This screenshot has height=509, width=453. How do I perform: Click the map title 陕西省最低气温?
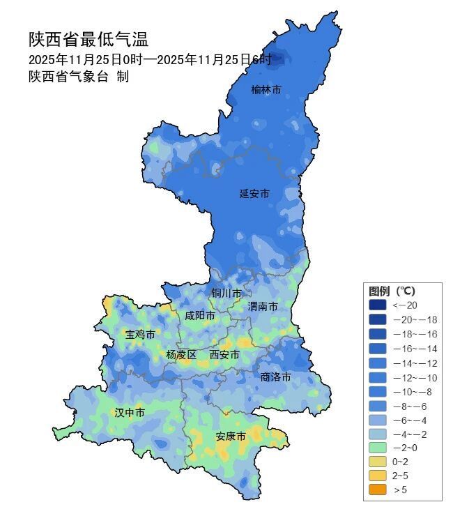pyautogui.click(x=89, y=40)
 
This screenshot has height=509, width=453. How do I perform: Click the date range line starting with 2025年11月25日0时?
pyautogui.click(x=150, y=59)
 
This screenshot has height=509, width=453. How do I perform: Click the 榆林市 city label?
pyautogui.click(x=266, y=90)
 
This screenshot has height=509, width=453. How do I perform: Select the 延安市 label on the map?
pyautogui.click(x=254, y=193)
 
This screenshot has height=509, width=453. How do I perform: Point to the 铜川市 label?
pyautogui.click(x=227, y=293)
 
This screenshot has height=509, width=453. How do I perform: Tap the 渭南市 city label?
pyautogui.click(x=263, y=307)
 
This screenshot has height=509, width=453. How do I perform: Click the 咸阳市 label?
pyautogui.click(x=199, y=316)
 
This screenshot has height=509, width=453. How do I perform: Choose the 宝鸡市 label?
pyautogui.click(x=140, y=334)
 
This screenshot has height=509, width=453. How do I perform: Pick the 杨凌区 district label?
pyautogui.click(x=181, y=355)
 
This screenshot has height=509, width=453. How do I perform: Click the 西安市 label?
pyautogui.click(x=224, y=355)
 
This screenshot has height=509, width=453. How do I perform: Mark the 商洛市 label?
pyautogui.click(x=275, y=377)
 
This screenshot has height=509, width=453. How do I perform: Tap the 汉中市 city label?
pyautogui.click(x=130, y=413)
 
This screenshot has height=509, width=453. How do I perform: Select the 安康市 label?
pyautogui.click(x=230, y=436)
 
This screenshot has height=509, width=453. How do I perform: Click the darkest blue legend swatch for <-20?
pyautogui.click(x=377, y=305)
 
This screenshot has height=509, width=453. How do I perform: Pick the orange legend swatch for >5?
pyautogui.click(x=377, y=490)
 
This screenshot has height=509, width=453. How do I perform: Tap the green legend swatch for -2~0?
pyautogui.click(x=377, y=447)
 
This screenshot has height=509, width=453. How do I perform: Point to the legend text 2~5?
pyautogui.click(x=401, y=476)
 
